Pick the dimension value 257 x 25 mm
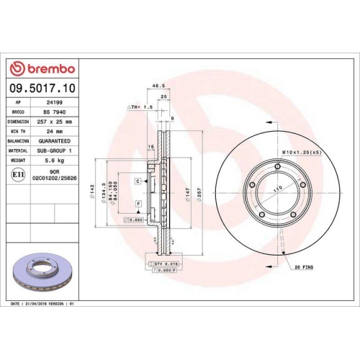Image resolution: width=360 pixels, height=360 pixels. tap(57, 122)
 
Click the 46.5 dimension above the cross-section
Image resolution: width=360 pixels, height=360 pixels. tap(155, 85)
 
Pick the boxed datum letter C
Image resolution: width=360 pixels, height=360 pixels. tap(137, 182)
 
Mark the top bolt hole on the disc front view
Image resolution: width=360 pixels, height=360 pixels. tap(272, 174)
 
